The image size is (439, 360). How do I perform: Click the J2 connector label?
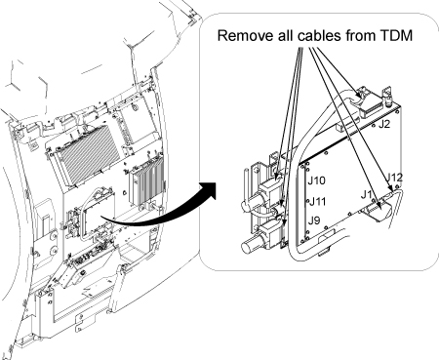383,124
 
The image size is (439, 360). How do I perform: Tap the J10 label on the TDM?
316,180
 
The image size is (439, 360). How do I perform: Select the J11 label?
317,202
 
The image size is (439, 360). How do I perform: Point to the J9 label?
314,220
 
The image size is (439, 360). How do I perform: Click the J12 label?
394,178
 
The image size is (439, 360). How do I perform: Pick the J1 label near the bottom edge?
367,195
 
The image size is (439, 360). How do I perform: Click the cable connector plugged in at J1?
378,211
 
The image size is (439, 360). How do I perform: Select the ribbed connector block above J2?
371,104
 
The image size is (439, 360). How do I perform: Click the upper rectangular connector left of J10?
271,192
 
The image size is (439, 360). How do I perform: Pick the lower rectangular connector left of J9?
271,235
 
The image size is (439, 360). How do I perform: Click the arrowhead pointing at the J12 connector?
389,187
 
